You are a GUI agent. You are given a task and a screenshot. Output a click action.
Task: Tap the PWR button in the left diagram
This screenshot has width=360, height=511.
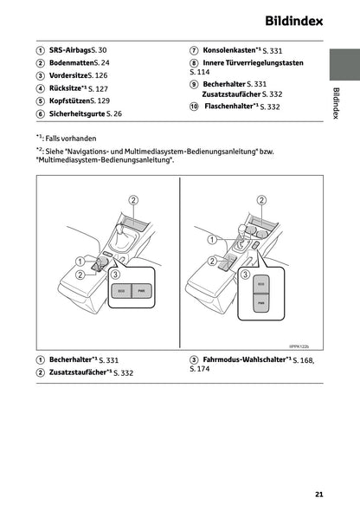[141, 291]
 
